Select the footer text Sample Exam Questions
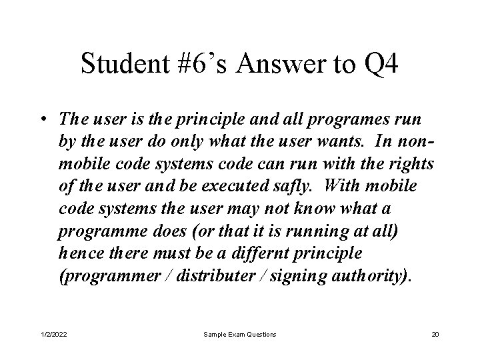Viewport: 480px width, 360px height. pyautogui.click(x=239, y=333)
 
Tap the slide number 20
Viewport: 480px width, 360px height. pyautogui.click(x=435, y=333)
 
